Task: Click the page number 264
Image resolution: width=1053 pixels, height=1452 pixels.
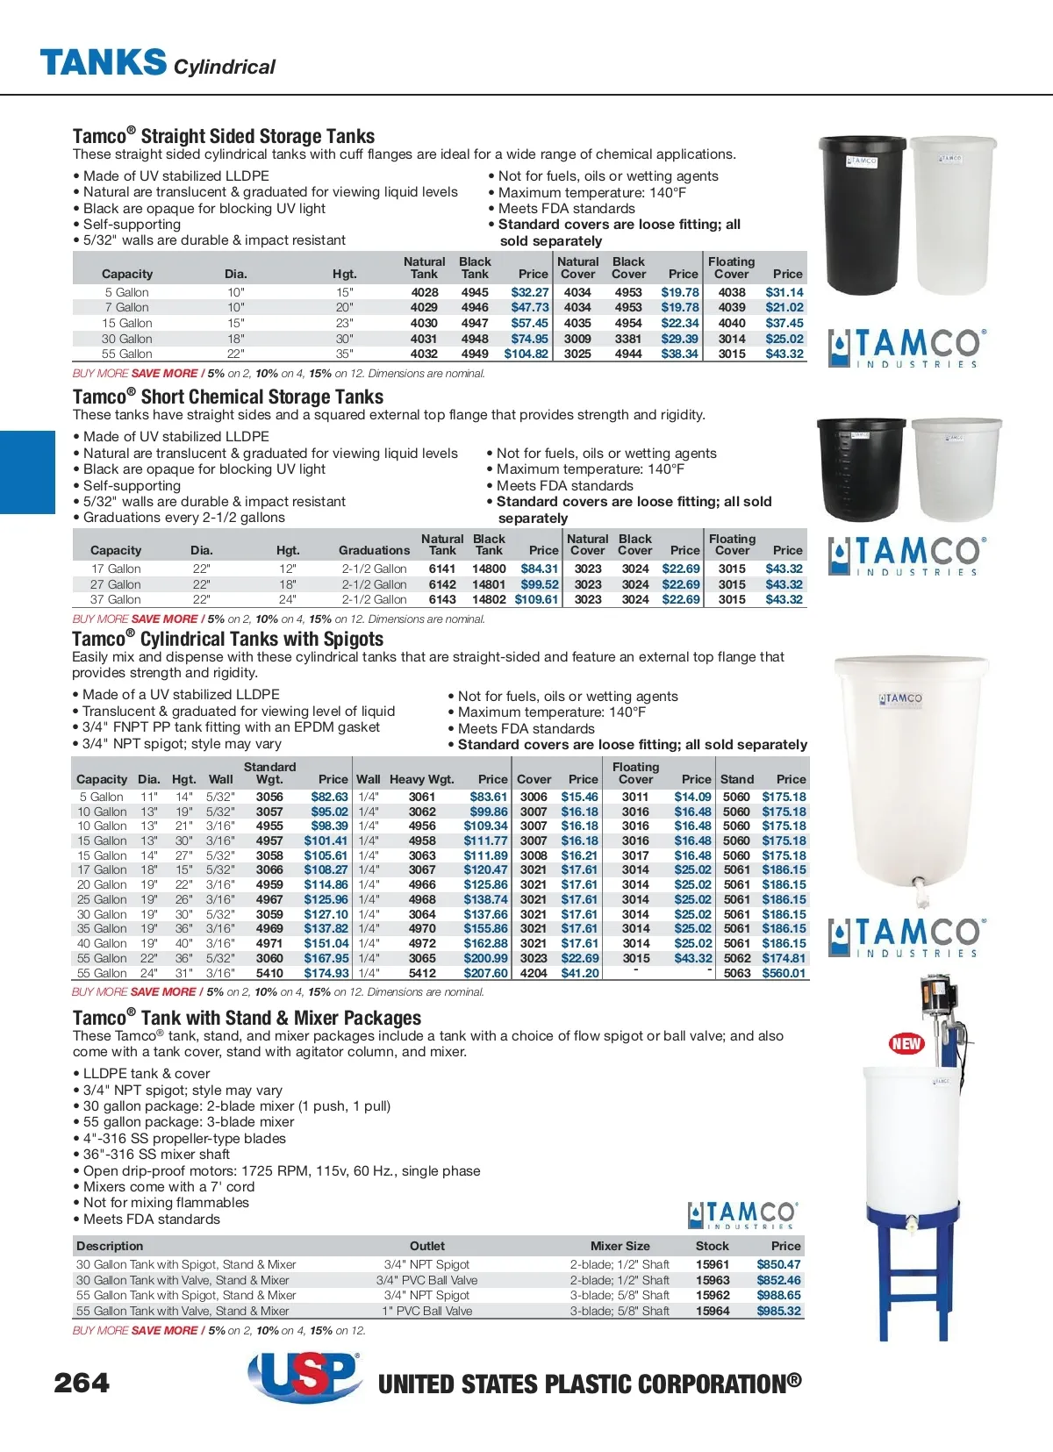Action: tap(82, 1384)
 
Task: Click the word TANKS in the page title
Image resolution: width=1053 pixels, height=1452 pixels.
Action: tap(103, 62)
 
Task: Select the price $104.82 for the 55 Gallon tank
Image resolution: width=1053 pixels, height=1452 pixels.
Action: tap(526, 354)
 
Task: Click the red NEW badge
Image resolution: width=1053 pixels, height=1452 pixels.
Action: tap(906, 1043)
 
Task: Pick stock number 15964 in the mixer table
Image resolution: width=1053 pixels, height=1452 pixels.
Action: tap(713, 1311)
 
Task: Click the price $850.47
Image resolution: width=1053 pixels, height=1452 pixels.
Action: tap(778, 1265)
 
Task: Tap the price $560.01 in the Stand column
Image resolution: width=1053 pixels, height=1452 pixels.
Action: tap(784, 973)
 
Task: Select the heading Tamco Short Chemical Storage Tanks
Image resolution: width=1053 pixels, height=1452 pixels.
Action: tap(228, 397)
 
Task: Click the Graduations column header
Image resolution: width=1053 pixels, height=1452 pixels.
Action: tap(374, 551)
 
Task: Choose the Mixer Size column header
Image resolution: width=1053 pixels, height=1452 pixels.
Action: tap(620, 1246)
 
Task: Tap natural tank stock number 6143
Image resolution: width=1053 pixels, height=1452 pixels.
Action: tap(442, 600)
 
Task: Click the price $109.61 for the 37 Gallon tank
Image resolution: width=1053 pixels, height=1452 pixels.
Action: tap(536, 600)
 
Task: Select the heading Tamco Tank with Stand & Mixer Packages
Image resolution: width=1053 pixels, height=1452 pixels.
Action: tap(247, 1019)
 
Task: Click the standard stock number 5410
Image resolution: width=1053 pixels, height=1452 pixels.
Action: tap(269, 973)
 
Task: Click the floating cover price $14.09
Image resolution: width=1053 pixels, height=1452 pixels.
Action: tap(692, 798)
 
